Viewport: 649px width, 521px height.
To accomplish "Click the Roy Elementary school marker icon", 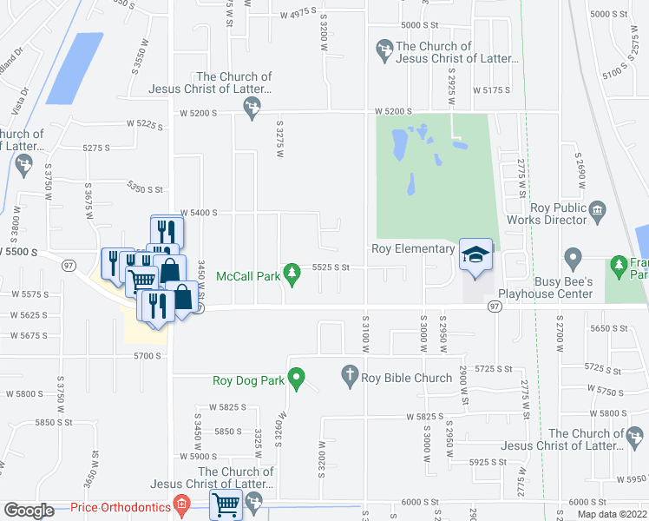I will (475, 254).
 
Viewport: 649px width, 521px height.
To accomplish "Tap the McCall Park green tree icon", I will (293, 274).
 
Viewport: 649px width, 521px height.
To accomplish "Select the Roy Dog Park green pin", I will (296, 379).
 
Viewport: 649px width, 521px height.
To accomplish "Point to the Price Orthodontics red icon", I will (181, 504).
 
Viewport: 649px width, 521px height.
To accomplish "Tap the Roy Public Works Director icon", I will (596, 210).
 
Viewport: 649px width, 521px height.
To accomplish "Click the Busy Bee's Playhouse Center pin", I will (572, 259).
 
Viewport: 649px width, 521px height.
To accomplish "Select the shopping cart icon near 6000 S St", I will (226, 503).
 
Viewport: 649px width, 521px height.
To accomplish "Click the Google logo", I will (29, 511).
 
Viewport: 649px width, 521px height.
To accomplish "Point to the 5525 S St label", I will (330, 267).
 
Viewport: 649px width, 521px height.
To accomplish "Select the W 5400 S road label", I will (199, 213).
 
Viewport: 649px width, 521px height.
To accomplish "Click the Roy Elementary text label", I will (413, 249).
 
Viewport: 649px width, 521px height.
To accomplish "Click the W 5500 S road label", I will (20, 252).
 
